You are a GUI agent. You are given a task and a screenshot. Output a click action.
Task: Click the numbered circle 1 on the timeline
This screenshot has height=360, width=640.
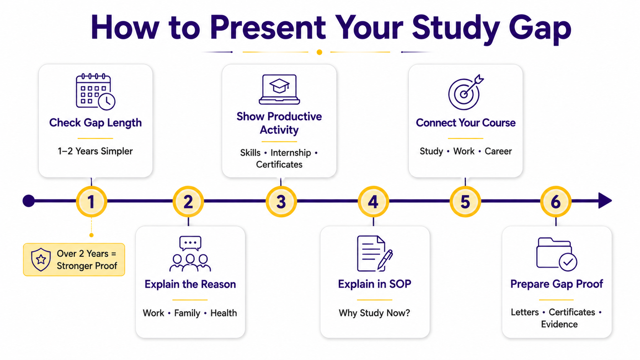coord(91,202)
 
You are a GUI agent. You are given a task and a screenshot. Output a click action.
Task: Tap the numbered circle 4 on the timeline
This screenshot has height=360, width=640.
coord(373,202)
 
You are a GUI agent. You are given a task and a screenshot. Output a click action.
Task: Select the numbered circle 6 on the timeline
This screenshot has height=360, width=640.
coord(556,202)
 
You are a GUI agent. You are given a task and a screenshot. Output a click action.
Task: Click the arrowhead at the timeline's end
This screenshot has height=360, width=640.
coord(605,201)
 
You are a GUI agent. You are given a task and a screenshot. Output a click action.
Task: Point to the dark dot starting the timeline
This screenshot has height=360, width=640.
coord(29,201)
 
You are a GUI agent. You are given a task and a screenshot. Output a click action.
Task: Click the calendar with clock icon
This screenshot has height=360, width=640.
coord(95,92)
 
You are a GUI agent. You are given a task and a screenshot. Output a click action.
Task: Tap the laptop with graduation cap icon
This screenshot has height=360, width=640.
coord(279,90)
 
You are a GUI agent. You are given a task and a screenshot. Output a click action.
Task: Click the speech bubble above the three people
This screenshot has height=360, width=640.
coord(190,243)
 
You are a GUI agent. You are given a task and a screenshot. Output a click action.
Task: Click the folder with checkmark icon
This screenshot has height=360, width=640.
coord(556,254)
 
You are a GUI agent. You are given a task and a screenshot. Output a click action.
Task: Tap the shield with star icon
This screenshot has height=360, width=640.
coord(41,259)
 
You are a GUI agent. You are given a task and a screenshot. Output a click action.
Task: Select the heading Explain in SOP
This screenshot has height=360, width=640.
coord(375,284)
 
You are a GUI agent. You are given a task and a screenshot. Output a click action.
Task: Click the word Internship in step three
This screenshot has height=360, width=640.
coord(291,153)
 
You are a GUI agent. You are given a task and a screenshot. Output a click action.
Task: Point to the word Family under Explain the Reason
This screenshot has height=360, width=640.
coord(187,313)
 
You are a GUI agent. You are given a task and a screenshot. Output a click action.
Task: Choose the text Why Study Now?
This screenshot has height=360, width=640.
coord(374,313)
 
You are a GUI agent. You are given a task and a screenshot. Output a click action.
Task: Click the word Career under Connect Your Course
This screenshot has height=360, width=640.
coord(498,151)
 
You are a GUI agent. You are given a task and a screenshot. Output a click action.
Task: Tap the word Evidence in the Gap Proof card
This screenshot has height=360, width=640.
coord(559,324)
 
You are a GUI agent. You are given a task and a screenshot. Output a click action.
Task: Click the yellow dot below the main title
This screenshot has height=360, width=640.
coord(320,52)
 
